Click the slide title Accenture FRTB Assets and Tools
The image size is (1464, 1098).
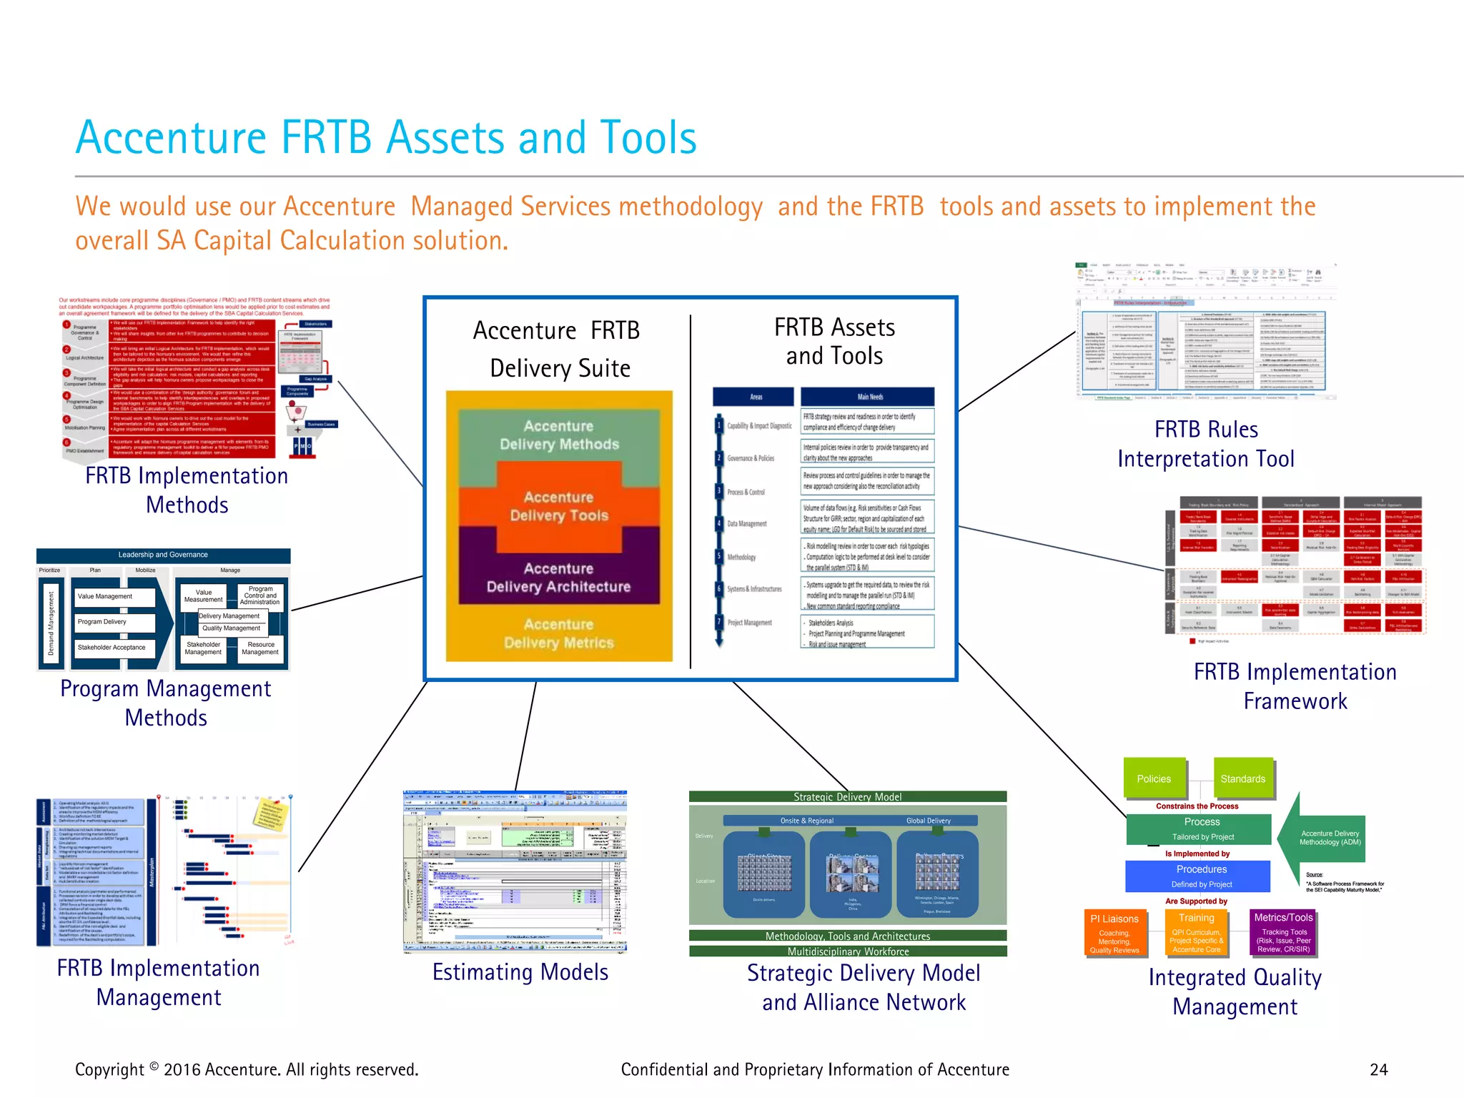pyautogui.click(x=386, y=137)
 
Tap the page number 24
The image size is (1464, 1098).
pyautogui.click(x=1378, y=1069)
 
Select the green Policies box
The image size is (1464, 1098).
pyautogui.click(x=1154, y=778)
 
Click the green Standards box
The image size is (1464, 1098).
pyautogui.click(x=1242, y=778)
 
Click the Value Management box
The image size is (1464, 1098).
pyautogui.click(x=114, y=596)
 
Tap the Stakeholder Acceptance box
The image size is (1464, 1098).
pyautogui.click(x=114, y=648)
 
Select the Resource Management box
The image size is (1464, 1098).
pyautogui.click(x=260, y=648)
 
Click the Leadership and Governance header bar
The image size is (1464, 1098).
pyautogui.click(x=163, y=555)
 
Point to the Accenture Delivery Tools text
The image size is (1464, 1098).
pyautogui.click(x=559, y=506)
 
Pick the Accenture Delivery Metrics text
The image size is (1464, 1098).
pyautogui.click(x=559, y=633)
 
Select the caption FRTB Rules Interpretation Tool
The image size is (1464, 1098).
pyautogui.click(x=1206, y=444)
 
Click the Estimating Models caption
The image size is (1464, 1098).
pyautogui.click(x=520, y=972)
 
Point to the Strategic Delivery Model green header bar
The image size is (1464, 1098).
pyautogui.click(x=848, y=796)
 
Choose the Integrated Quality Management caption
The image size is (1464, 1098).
pyautogui.click(x=1235, y=991)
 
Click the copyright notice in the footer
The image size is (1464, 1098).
pyautogui.click(x=247, y=1069)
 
